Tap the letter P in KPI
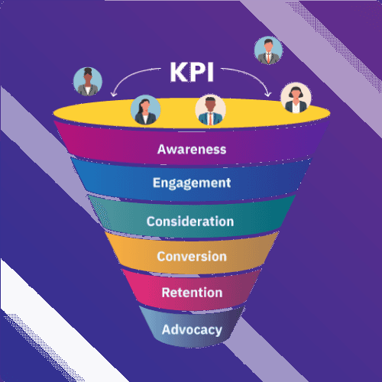[197, 72]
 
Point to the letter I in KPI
[210, 72]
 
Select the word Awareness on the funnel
[192, 149]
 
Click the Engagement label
[192, 183]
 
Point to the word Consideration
[190, 222]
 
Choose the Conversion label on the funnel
[192, 256]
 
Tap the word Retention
[192, 293]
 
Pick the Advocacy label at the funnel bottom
[192, 330]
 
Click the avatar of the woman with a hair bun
[88, 82]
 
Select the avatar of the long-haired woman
[145, 110]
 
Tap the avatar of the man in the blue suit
[210, 110]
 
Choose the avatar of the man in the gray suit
[268, 50]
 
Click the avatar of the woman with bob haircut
[296, 97]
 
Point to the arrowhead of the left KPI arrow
[114, 94]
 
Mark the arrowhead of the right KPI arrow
[268, 94]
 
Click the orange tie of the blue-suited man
[211, 119]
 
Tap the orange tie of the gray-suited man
[268, 59]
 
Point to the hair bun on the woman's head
[88, 70]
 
